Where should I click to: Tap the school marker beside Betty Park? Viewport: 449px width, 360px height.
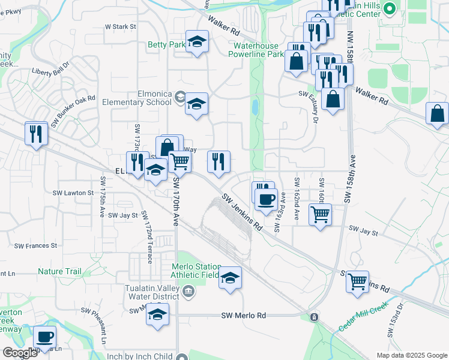point(197,42)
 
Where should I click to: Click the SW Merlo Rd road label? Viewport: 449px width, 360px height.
point(243,316)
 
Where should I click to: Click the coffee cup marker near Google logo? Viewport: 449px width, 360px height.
point(44,337)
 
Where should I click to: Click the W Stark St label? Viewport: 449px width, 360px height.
point(121,27)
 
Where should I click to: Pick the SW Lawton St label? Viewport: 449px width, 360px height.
point(73,193)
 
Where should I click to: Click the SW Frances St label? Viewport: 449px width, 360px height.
point(35,245)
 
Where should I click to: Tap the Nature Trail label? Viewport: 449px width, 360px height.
point(59,272)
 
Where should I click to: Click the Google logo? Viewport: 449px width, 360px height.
point(19,353)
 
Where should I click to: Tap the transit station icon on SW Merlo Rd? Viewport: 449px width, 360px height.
point(313,316)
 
